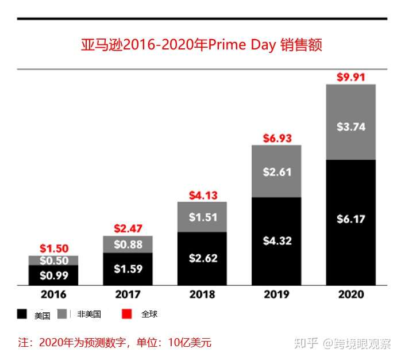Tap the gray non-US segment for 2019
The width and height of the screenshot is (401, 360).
276,171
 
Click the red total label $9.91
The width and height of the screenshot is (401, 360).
350,77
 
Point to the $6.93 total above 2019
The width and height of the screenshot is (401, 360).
276,138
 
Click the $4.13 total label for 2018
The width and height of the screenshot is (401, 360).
203,195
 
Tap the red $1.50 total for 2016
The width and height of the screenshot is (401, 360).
54,249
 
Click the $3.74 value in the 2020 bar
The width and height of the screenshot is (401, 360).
350,127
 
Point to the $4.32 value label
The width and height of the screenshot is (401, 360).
276,240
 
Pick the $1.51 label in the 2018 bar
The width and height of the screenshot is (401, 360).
203,217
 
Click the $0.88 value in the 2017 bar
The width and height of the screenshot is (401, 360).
128,244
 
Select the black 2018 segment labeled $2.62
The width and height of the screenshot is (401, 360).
203,258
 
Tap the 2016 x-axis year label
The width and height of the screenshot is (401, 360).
53,294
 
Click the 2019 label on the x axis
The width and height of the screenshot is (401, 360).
276,294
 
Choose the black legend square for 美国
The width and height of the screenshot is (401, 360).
22,314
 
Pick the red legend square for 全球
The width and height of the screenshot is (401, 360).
128,313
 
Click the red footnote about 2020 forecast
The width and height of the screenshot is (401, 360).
115,343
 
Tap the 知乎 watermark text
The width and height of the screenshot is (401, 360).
306,343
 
